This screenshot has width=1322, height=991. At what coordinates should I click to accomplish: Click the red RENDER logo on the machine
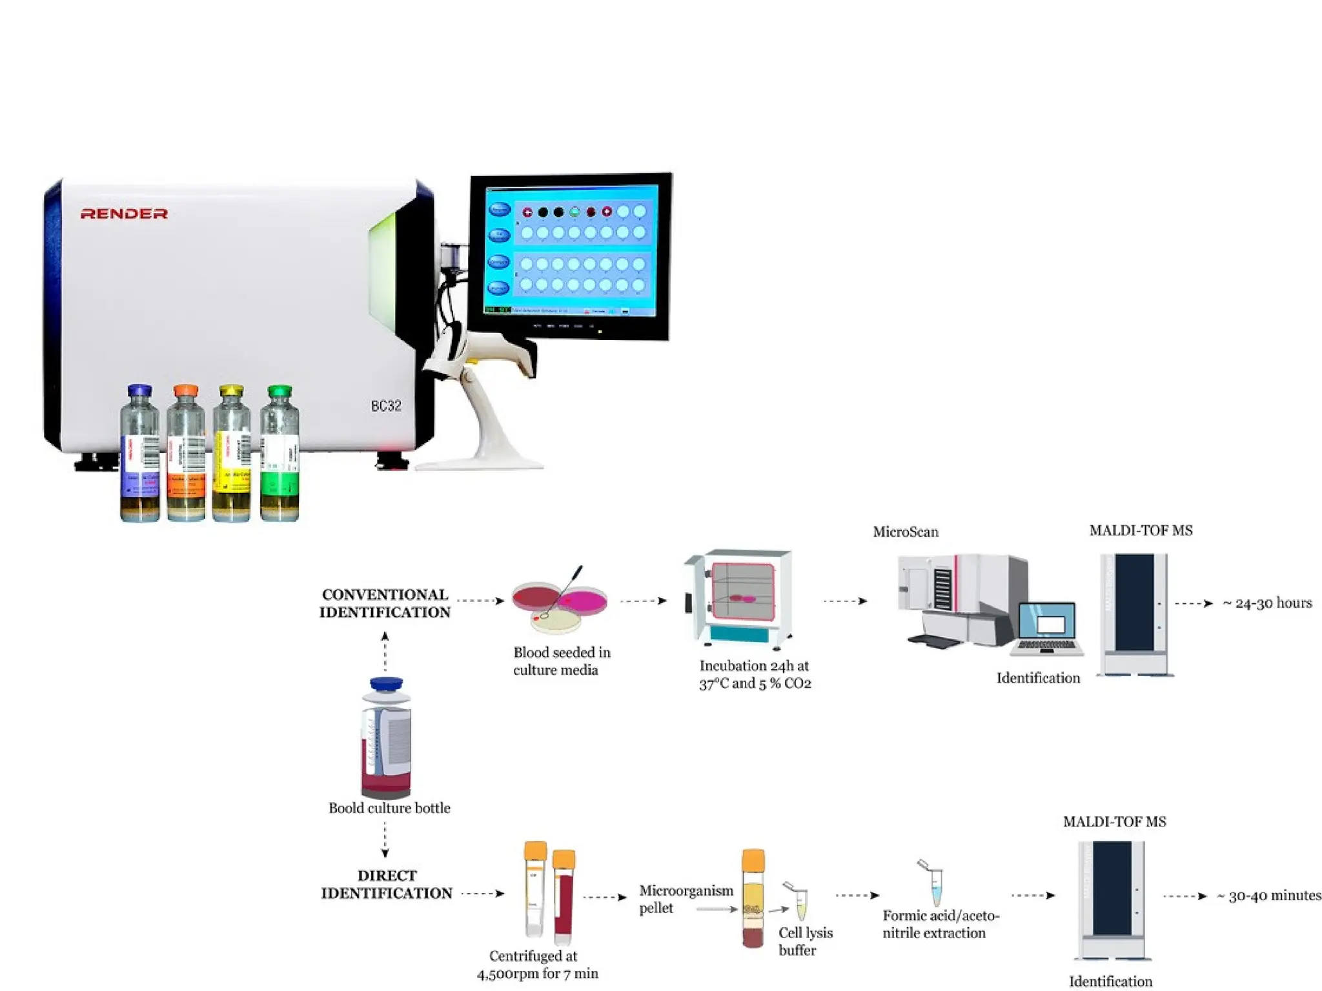(124, 214)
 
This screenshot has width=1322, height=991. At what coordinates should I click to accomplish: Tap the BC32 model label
(385, 406)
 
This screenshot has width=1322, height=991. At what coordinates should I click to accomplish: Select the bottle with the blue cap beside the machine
(140, 455)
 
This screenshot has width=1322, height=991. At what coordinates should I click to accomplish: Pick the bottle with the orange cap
(186, 455)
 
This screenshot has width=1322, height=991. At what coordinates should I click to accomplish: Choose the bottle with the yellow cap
(231, 455)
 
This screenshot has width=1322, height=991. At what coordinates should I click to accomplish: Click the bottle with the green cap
(280, 455)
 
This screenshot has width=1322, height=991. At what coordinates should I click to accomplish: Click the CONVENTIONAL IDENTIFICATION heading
(385, 603)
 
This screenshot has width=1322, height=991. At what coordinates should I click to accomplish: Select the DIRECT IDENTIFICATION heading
(386, 884)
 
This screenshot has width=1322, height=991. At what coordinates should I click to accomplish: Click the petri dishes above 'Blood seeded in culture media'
(559, 603)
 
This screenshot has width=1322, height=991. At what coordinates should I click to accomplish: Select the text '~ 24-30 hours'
(1267, 603)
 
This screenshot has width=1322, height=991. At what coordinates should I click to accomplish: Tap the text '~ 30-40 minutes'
(1268, 896)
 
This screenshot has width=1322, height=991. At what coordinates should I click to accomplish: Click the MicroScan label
(906, 532)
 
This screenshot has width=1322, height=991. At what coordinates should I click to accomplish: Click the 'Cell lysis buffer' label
(805, 941)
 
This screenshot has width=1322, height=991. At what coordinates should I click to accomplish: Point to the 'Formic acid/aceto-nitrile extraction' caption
(941, 924)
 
